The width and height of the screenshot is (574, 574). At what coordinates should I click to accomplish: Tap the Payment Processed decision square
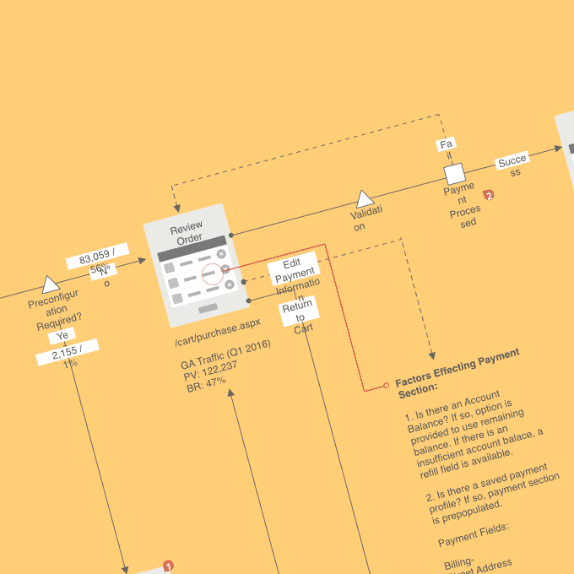pos(455,174)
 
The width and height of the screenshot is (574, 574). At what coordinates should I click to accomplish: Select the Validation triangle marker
pos(365,199)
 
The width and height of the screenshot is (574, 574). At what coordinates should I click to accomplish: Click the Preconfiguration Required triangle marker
pos(51,284)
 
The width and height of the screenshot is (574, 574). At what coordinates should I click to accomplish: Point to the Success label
pos(513,162)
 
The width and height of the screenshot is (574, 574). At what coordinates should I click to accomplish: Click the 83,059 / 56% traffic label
pos(98,256)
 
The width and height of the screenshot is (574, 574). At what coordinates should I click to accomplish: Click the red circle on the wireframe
pos(212,272)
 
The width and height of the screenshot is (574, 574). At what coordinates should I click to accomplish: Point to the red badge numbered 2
pos(489,195)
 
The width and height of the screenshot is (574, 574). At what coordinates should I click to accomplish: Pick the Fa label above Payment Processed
pos(447,144)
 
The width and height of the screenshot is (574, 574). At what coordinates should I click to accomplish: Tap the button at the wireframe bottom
pos(208,309)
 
